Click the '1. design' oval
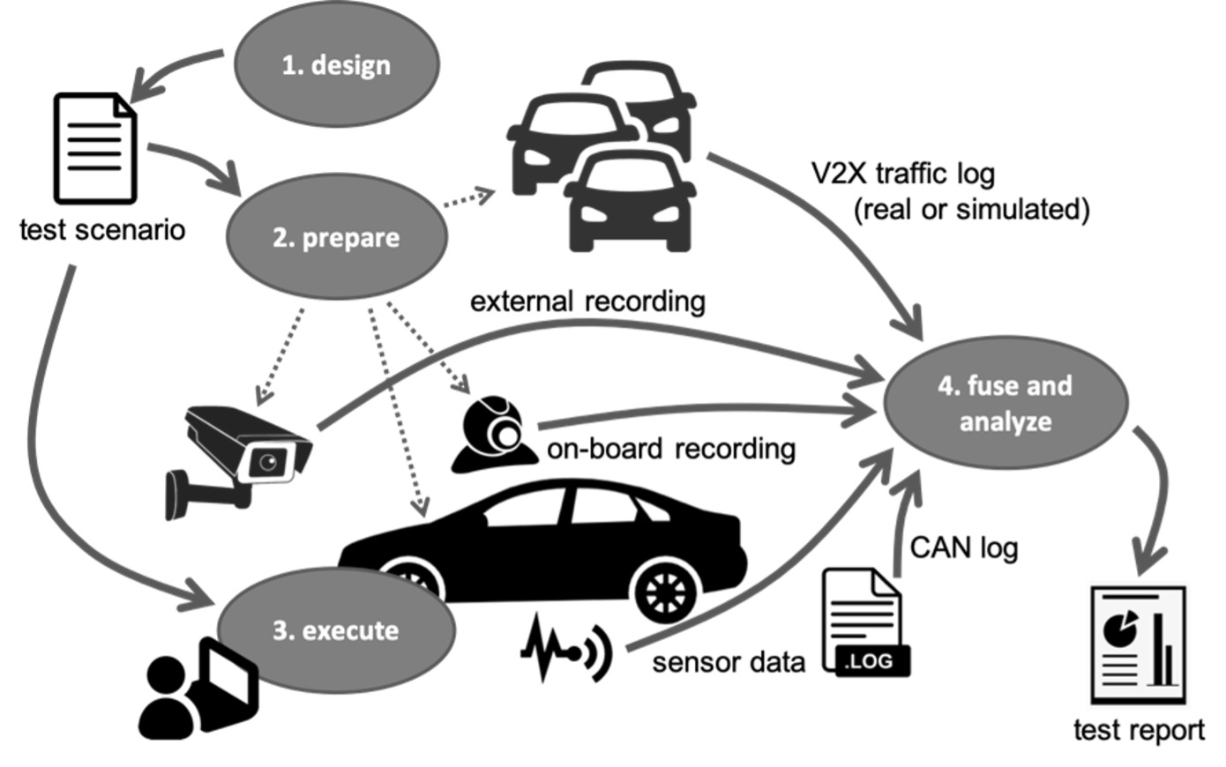tap(336, 64)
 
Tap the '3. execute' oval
tap(336, 630)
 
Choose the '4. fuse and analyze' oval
tap(1006, 403)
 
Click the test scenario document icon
tap(95, 147)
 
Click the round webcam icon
tap(496, 433)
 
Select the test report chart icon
tap(1139, 644)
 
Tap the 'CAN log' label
tap(964, 547)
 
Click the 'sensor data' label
tap(728, 661)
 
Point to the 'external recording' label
tap(587, 302)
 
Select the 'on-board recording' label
tap(671, 448)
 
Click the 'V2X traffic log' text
tap(903, 173)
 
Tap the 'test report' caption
tap(1139, 730)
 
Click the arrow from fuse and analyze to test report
tap(1159, 495)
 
